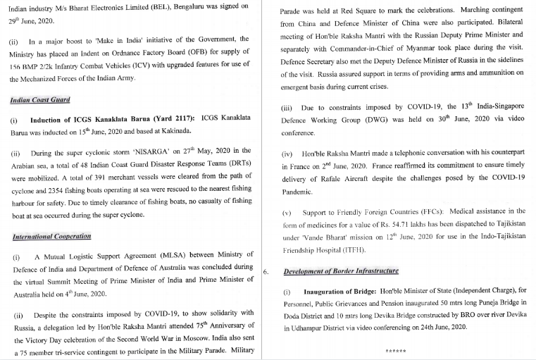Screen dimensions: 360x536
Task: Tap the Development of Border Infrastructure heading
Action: click(x=341, y=271)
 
